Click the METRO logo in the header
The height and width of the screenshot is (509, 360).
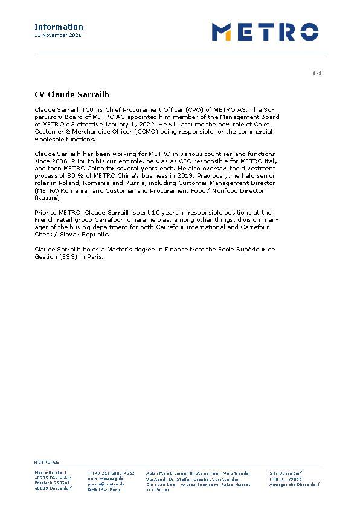tap(265, 31)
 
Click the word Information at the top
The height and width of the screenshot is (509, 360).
tap(59, 27)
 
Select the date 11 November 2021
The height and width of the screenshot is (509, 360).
tap(57, 36)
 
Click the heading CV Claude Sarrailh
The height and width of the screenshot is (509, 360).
tap(71, 95)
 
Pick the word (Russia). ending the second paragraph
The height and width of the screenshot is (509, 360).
tap(47, 198)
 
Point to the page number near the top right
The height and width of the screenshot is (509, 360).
tap(317, 74)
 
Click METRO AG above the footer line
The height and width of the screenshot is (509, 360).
tap(47, 461)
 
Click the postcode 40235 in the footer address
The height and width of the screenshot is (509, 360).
tap(41, 478)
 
